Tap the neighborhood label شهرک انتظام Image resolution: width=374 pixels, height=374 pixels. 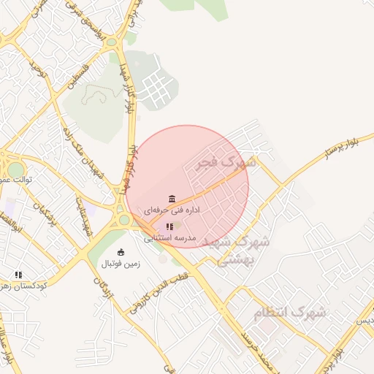coord(290,313)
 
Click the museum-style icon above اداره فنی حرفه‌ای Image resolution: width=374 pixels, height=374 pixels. coord(172,199)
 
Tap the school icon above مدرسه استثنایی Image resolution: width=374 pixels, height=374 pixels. coord(169,227)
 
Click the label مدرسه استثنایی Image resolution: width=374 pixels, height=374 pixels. coord(169,238)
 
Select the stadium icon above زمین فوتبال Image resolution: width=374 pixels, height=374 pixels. coord(121,252)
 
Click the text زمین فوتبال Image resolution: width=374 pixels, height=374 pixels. coord(120,263)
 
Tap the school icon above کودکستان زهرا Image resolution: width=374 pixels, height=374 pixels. coord(18,275)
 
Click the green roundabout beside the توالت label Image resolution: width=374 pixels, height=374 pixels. coord(15,169)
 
